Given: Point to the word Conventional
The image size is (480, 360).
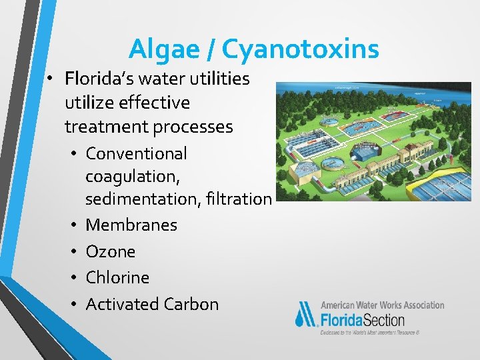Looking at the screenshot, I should [137, 153].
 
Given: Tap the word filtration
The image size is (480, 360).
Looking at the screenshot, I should [241, 199].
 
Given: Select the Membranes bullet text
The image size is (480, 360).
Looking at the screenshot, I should [131, 225].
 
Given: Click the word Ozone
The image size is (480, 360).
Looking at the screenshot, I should [111, 251].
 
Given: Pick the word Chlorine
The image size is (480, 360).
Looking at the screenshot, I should [117, 277].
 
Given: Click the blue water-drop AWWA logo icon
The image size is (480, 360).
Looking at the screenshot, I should [307, 315].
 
